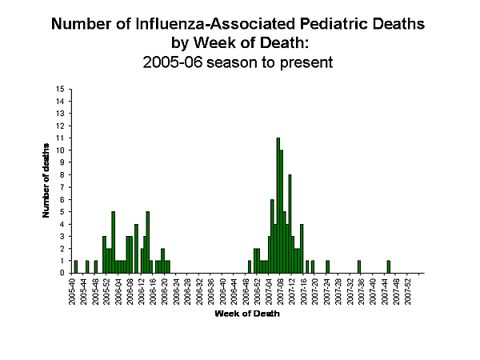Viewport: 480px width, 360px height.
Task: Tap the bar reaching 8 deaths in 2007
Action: [290, 223]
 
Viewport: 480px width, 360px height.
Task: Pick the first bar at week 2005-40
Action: [75, 266]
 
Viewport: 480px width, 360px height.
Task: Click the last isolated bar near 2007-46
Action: [388, 266]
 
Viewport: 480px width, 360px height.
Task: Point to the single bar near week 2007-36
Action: [359, 266]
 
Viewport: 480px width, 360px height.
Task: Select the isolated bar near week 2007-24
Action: [327, 266]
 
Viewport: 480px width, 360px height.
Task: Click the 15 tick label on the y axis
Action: [61, 89]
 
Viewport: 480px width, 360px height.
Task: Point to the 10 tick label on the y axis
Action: [61, 150]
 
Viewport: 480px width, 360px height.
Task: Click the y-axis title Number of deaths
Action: [47, 180]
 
